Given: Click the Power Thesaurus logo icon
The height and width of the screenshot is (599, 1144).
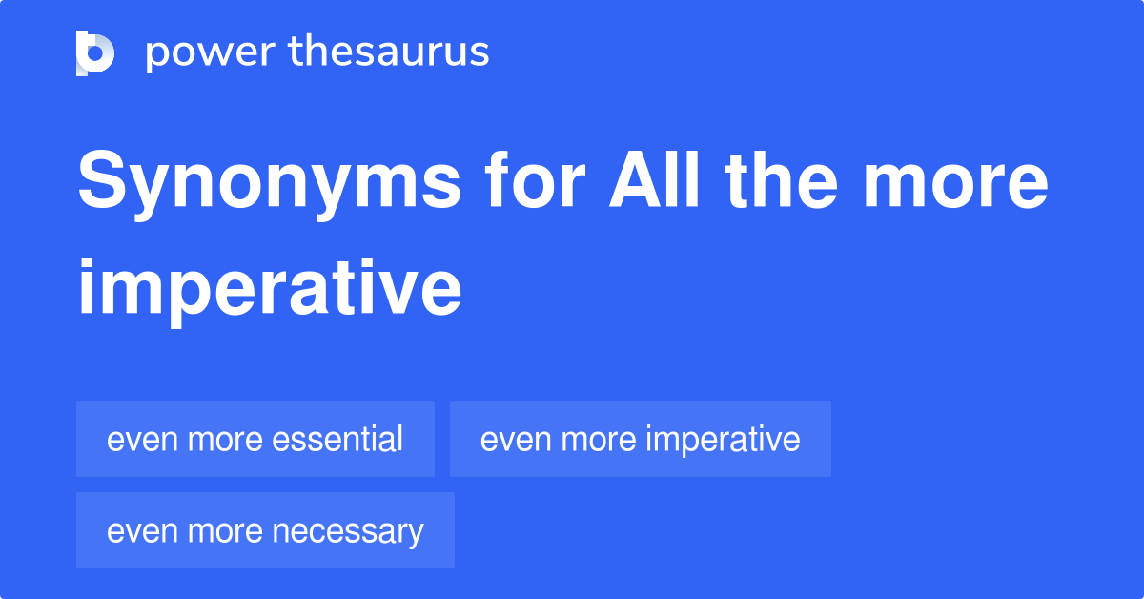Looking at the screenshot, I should pos(95,52).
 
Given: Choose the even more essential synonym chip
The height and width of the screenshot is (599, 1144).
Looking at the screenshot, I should pos(255,439).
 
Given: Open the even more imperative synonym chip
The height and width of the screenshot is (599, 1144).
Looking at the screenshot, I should pos(640,439).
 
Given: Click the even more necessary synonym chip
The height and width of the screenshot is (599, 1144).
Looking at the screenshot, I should pos(265,530).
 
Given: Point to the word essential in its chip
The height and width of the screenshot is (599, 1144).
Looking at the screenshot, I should pos(338,439).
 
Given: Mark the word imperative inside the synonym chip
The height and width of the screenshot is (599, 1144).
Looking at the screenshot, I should pos(723,440).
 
